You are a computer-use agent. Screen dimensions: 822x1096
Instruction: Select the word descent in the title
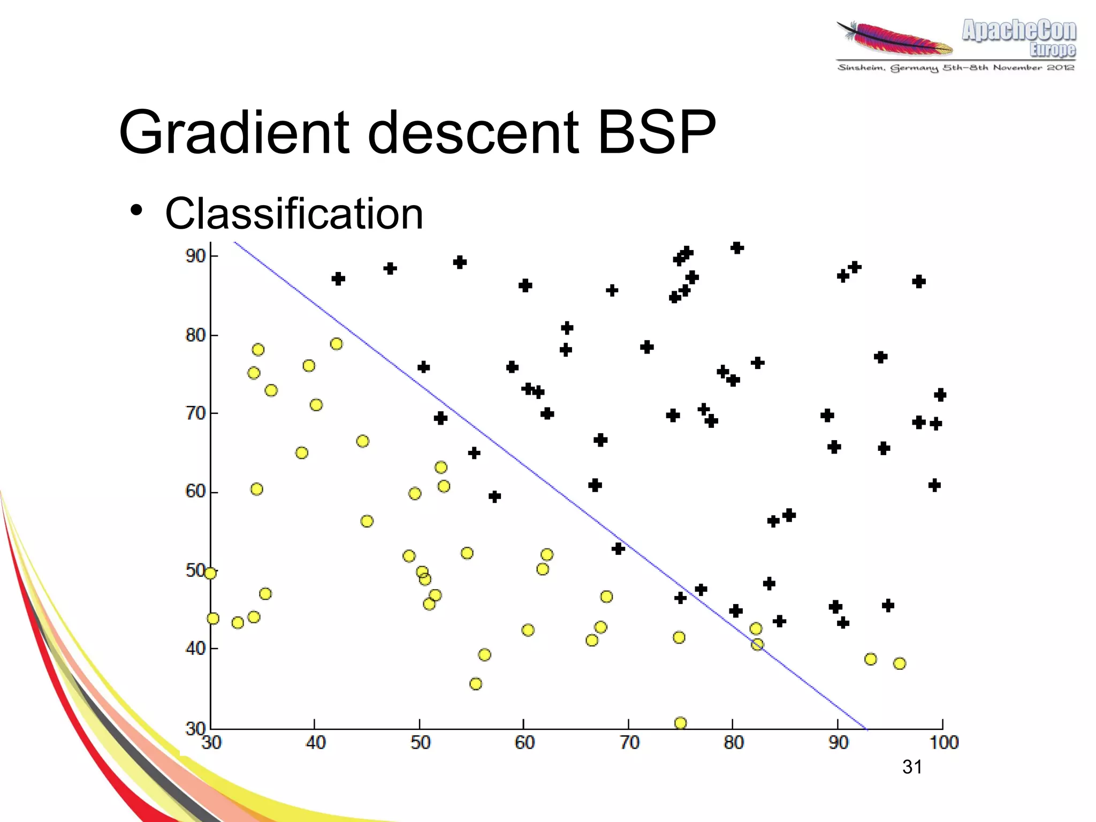pos(474,132)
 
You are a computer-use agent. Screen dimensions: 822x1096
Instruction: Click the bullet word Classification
pos(294,214)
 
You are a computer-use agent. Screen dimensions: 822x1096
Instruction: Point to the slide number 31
pos(912,767)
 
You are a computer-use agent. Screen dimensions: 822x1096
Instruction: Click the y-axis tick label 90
pos(195,256)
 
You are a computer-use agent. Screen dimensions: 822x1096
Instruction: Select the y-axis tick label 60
pos(195,491)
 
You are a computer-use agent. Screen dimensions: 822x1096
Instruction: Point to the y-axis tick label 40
pos(195,648)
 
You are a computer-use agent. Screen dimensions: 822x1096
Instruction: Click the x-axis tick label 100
pos(943,742)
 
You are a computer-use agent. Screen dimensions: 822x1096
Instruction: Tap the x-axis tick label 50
pos(420,742)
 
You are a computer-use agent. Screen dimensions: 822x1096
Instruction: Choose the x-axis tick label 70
pos(629,742)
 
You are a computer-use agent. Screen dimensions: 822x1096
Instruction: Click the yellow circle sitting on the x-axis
pos(680,723)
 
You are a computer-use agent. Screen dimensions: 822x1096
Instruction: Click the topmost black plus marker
pos(737,248)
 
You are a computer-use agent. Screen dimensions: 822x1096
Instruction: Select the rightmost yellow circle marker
pos(900,663)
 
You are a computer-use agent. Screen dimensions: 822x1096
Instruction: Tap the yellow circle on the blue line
pos(757,644)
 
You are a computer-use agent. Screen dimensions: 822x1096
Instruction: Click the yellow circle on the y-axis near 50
pos(210,574)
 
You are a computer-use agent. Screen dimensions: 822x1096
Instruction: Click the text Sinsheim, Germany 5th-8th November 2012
pos(956,67)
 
